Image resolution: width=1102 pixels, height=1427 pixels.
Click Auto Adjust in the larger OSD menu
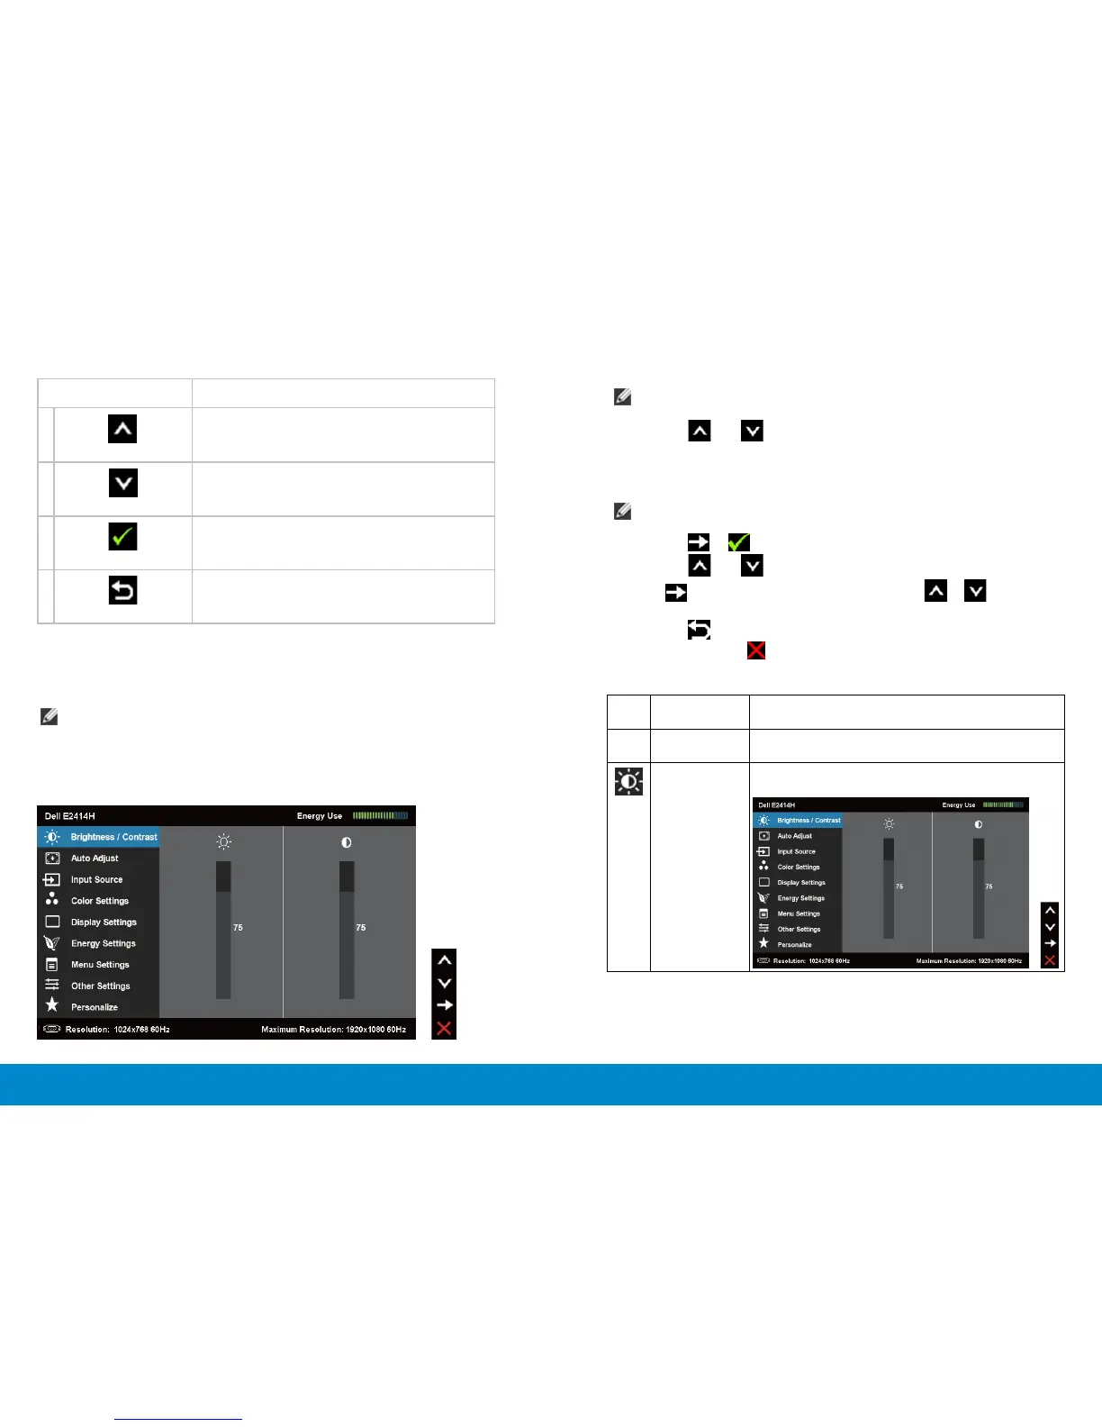(x=95, y=859)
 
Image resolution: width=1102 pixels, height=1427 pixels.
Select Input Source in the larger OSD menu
(x=96, y=880)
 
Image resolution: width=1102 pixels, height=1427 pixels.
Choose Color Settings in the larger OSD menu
(x=99, y=901)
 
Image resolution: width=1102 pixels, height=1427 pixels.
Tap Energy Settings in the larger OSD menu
(x=103, y=943)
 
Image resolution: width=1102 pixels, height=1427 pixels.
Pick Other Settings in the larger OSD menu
(x=100, y=986)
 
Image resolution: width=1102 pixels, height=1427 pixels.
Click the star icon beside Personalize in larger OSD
(x=52, y=1005)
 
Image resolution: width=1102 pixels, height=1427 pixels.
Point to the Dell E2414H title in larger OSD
(x=70, y=816)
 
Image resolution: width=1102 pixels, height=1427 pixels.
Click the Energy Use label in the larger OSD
(x=320, y=816)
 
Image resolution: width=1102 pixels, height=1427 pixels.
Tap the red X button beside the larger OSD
(x=444, y=1029)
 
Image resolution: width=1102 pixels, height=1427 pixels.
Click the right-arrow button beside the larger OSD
(x=444, y=1005)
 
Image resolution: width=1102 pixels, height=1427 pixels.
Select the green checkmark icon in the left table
(x=122, y=538)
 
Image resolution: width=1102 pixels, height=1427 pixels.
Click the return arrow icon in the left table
(x=122, y=591)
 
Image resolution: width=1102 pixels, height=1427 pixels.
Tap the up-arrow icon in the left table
(x=122, y=429)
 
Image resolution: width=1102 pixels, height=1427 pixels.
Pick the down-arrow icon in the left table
(x=122, y=484)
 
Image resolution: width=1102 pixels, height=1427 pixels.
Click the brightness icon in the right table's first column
(x=628, y=781)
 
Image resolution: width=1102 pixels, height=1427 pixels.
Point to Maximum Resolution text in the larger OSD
(x=333, y=1029)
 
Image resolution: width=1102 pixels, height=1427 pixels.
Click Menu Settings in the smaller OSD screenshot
(x=799, y=913)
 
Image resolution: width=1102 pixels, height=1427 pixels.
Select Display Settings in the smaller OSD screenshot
(x=801, y=883)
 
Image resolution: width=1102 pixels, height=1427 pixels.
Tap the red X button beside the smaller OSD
(x=1050, y=960)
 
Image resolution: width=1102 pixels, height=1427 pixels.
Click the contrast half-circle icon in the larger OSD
(x=347, y=842)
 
